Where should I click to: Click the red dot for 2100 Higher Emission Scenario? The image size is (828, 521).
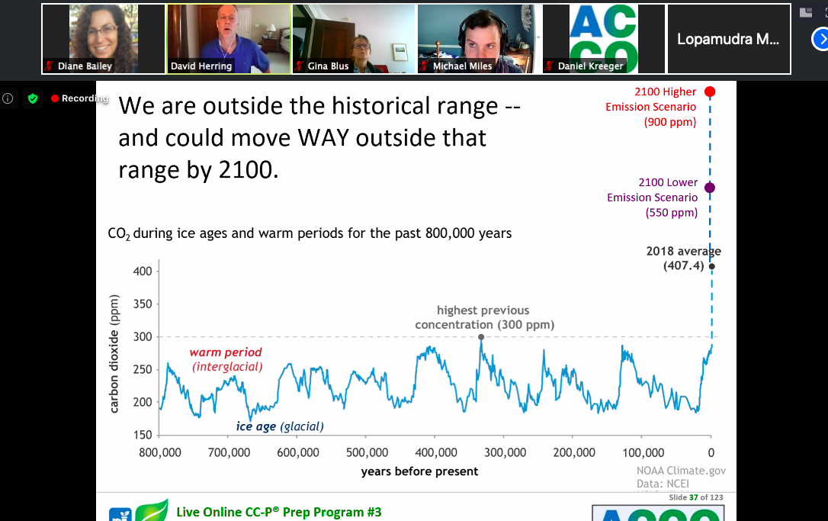pyautogui.click(x=710, y=92)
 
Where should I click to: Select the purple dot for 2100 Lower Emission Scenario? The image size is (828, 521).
pyautogui.click(x=710, y=188)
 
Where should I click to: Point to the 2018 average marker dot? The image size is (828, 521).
pyautogui.click(x=711, y=266)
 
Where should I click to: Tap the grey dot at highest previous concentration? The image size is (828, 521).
pyautogui.click(x=481, y=336)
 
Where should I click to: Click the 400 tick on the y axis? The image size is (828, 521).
pyautogui.click(x=156, y=271)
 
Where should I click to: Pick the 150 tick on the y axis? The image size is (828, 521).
pyautogui.click(x=156, y=435)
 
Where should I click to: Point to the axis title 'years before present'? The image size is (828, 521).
pyautogui.click(x=419, y=471)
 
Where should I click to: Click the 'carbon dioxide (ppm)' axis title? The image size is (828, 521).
pyautogui.click(x=114, y=353)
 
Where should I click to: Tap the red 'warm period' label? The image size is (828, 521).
pyautogui.click(x=226, y=352)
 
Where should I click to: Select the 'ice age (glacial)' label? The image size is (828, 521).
pyautogui.click(x=280, y=426)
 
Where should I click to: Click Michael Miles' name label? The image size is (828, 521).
pyautogui.click(x=462, y=66)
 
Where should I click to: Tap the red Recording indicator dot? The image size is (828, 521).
pyautogui.click(x=55, y=98)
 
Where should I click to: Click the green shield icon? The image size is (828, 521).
pyautogui.click(x=32, y=98)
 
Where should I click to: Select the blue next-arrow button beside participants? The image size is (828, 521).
pyautogui.click(x=820, y=39)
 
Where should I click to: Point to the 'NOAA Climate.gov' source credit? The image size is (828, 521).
pyautogui.click(x=681, y=471)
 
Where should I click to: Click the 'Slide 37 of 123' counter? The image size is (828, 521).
pyautogui.click(x=695, y=497)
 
